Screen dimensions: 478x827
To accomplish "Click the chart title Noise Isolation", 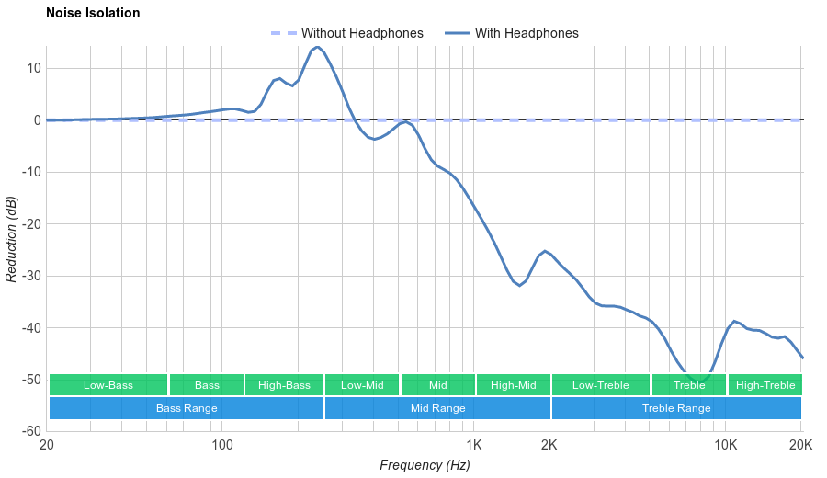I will tap(93, 14).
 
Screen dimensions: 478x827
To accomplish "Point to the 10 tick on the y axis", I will tap(34, 68).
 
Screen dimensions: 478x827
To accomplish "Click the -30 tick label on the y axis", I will tap(29, 276).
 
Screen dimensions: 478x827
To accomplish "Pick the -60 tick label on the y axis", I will tap(29, 431).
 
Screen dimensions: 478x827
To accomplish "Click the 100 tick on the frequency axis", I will tap(222, 445).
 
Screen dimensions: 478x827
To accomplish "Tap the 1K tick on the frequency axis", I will tap(474, 445).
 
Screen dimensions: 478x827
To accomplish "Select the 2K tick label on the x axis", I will tap(549, 445).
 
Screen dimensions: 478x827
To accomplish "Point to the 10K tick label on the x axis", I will tap(726, 445).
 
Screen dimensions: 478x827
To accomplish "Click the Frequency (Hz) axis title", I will tap(425, 465).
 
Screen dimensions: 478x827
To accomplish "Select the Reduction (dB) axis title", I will tap(12, 239).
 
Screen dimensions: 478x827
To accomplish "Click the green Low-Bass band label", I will tap(108, 385).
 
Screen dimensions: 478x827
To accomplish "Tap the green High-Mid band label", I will tap(513, 385).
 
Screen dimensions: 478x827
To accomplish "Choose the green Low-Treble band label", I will tap(601, 385).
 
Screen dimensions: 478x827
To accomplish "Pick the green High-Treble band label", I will tap(765, 385).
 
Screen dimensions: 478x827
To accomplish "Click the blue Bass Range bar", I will tap(187, 408).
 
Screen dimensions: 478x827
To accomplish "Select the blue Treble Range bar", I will tap(676, 408).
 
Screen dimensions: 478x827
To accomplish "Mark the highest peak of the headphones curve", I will tap(317, 47).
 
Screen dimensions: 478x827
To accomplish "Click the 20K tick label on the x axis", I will tap(800, 445).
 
